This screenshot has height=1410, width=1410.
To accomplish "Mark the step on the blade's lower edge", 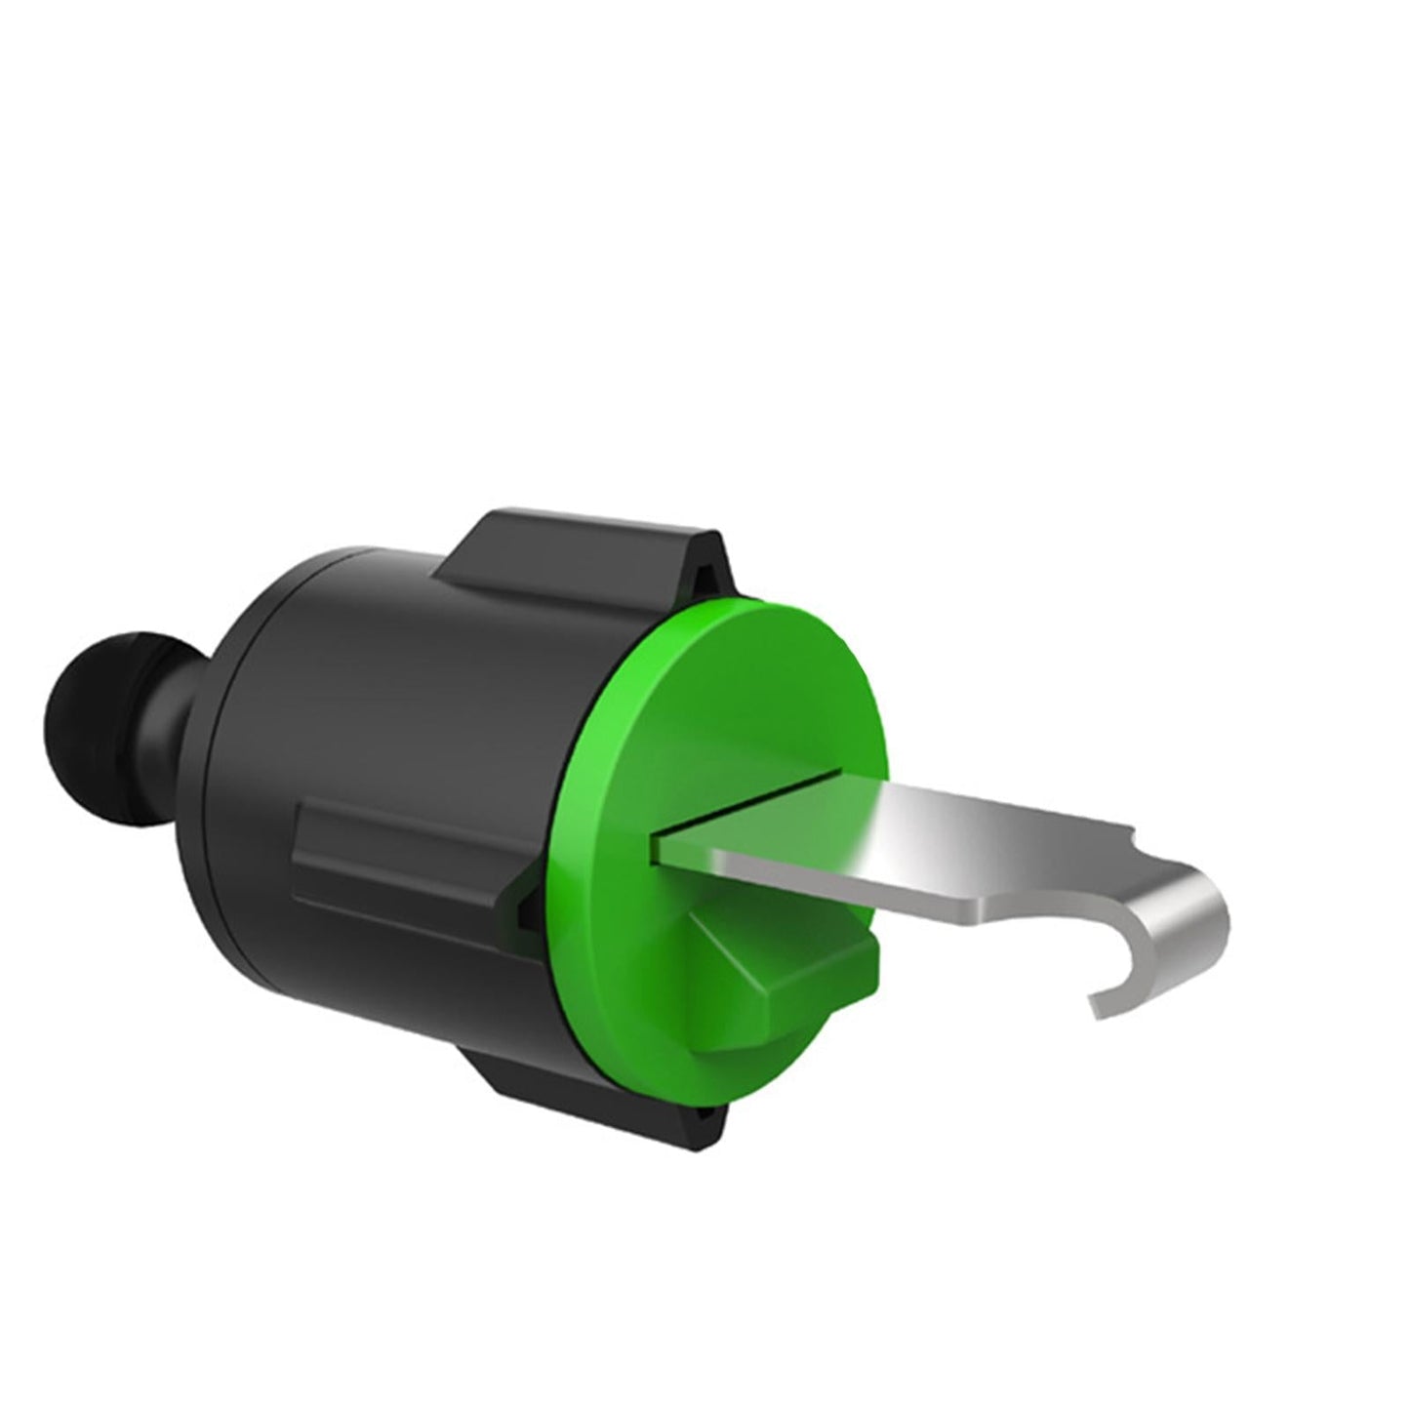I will click(986, 912).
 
